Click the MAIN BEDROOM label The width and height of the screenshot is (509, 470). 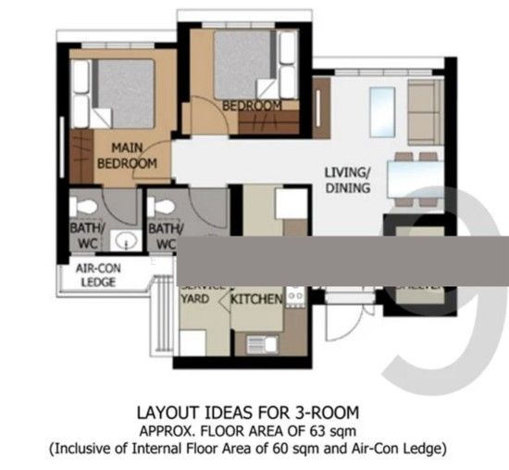tap(127, 156)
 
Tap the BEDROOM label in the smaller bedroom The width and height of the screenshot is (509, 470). tap(253, 106)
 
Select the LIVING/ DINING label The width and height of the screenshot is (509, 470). tap(347, 180)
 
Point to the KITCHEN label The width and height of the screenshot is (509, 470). tap(256, 301)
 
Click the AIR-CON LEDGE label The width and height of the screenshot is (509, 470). tap(99, 275)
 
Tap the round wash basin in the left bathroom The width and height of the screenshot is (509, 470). tap(125, 242)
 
